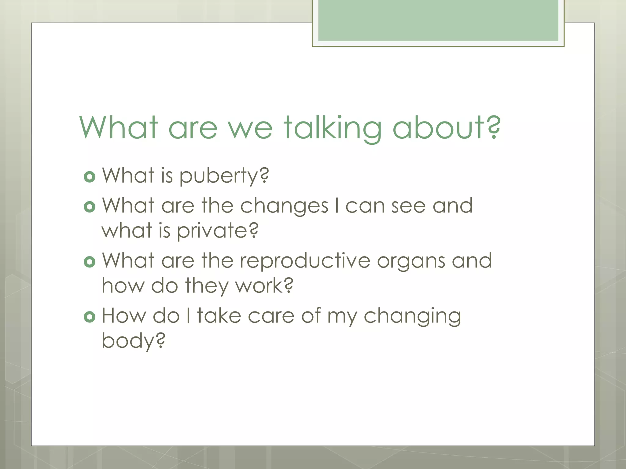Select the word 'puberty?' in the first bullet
[224, 176]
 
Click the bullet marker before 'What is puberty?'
[90, 177]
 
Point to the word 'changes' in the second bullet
[284, 206]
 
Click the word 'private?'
[218, 231]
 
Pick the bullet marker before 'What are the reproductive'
[90, 262]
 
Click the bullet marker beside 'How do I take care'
[90, 317]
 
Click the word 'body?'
[133, 341]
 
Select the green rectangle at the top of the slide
[438, 21]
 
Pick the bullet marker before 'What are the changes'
[90, 207]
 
